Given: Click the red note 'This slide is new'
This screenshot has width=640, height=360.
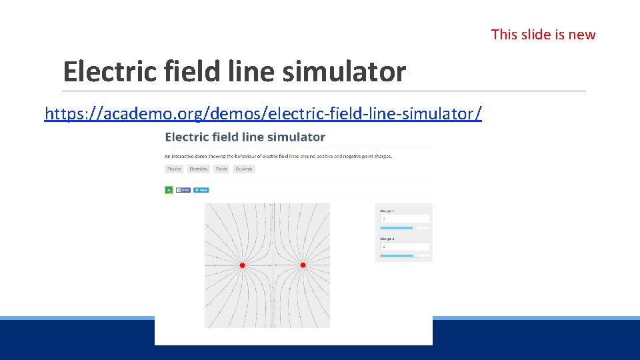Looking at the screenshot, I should [x=543, y=35].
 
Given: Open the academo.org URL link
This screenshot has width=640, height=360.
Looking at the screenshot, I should [x=263, y=114].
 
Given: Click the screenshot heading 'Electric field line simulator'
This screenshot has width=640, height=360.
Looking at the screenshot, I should [x=245, y=137].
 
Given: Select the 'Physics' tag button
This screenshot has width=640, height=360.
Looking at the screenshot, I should [x=174, y=169].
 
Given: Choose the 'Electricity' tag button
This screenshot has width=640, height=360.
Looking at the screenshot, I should [x=199, y=169].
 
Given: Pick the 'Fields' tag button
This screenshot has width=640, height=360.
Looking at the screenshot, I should [x=221, y=169].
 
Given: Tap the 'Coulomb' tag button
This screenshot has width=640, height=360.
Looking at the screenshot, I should [x=244, y=169].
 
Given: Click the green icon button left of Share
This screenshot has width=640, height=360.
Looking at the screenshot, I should [x=169, y=190].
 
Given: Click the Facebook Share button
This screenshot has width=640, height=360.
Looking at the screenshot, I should [x=183, y=190].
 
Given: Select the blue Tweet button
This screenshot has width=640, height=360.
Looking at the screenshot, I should [x=201, y=190].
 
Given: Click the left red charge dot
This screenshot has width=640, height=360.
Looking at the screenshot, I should [x=242, y=265].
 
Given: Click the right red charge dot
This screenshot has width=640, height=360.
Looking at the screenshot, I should [x=303, y=265].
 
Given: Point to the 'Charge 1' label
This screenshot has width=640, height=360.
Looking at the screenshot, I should [x=387, y=211].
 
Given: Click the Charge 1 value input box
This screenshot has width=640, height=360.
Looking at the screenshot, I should [x=405, y=219].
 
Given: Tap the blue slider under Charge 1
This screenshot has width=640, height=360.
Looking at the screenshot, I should [x=397, y=228].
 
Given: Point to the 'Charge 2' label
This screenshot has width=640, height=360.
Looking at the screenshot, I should [x=387, y=239].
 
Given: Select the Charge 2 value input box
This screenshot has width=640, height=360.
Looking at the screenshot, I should [x=405, y=247].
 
